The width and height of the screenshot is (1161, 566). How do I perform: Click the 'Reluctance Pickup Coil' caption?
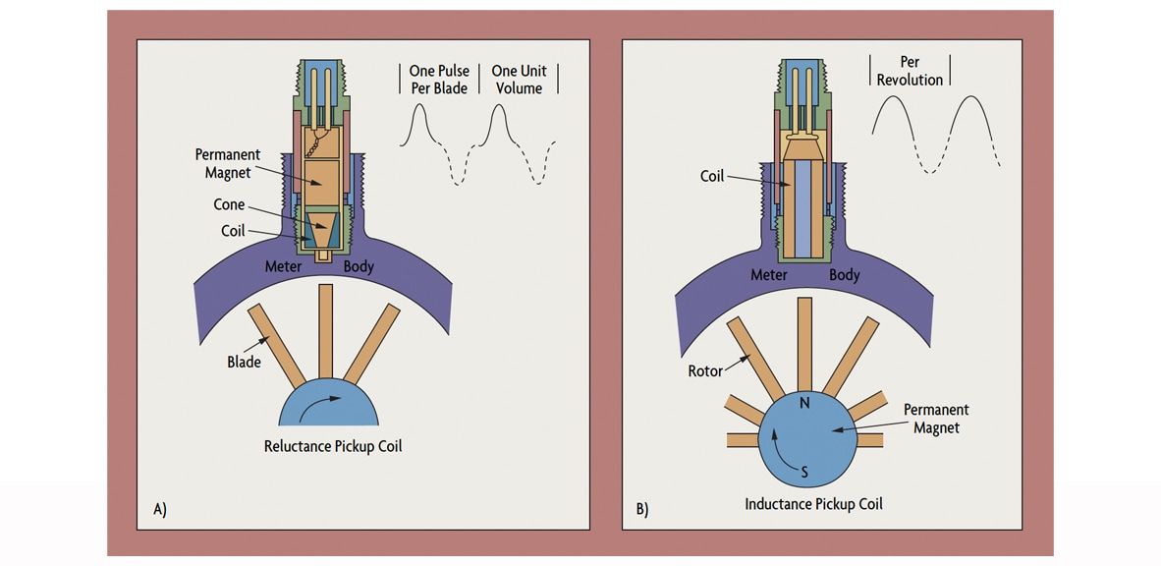pyautogui.click(x=332, y=446)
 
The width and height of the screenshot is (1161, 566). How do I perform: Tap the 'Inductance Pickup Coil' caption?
pyautogui.click(x=813, y=503)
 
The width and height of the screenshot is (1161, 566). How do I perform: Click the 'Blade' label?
pyautogui.click(x=244, y=362)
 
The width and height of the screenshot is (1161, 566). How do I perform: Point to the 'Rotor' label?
pyautogui.click(x=705, y=370)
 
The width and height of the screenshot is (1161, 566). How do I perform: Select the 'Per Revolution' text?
pyautogui.click(x=910, y=71)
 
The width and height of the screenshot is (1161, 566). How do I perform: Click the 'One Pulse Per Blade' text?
pyautogui.click(x=438, y=80)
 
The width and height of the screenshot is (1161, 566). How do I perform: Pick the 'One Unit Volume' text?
pyautogui.click(x=519, y=80)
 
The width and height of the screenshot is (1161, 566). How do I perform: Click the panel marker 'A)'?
pyautogui.click(x=160, y=509)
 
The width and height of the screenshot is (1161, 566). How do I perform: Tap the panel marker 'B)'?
pyautogui.click(x=642, y=509)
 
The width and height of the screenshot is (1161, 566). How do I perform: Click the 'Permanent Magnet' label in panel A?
pyautogui.click(x=227, y=163)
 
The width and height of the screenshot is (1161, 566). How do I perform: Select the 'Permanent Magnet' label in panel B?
pyautogui.click(x=935, y=419)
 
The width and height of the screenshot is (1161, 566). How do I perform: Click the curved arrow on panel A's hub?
pyautogui.click(x=325, y=403)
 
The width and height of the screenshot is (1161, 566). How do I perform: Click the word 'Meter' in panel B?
pyautogui.click(x=769, y=274)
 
